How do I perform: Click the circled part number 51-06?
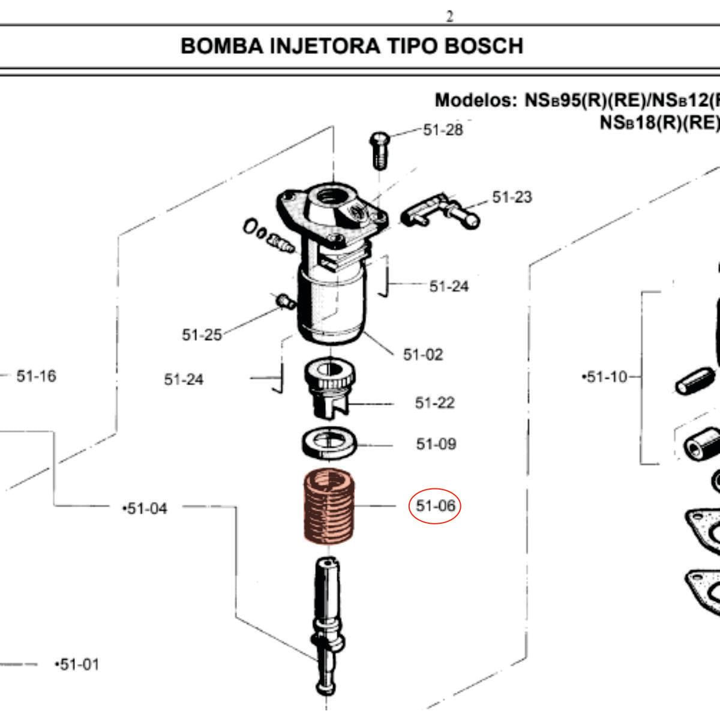point(436,506)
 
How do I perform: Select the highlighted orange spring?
point(328,506)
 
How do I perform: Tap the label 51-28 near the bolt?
point(443,130)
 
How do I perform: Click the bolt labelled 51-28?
point(379,149)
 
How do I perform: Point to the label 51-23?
point(512,197)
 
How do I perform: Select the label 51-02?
point(423,355)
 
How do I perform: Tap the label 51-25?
point(202,335)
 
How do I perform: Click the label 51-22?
point(434,403)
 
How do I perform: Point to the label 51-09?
point(436,444)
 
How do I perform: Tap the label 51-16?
point(36,376)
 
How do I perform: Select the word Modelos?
point(475,100)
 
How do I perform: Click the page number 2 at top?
point(449,17)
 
